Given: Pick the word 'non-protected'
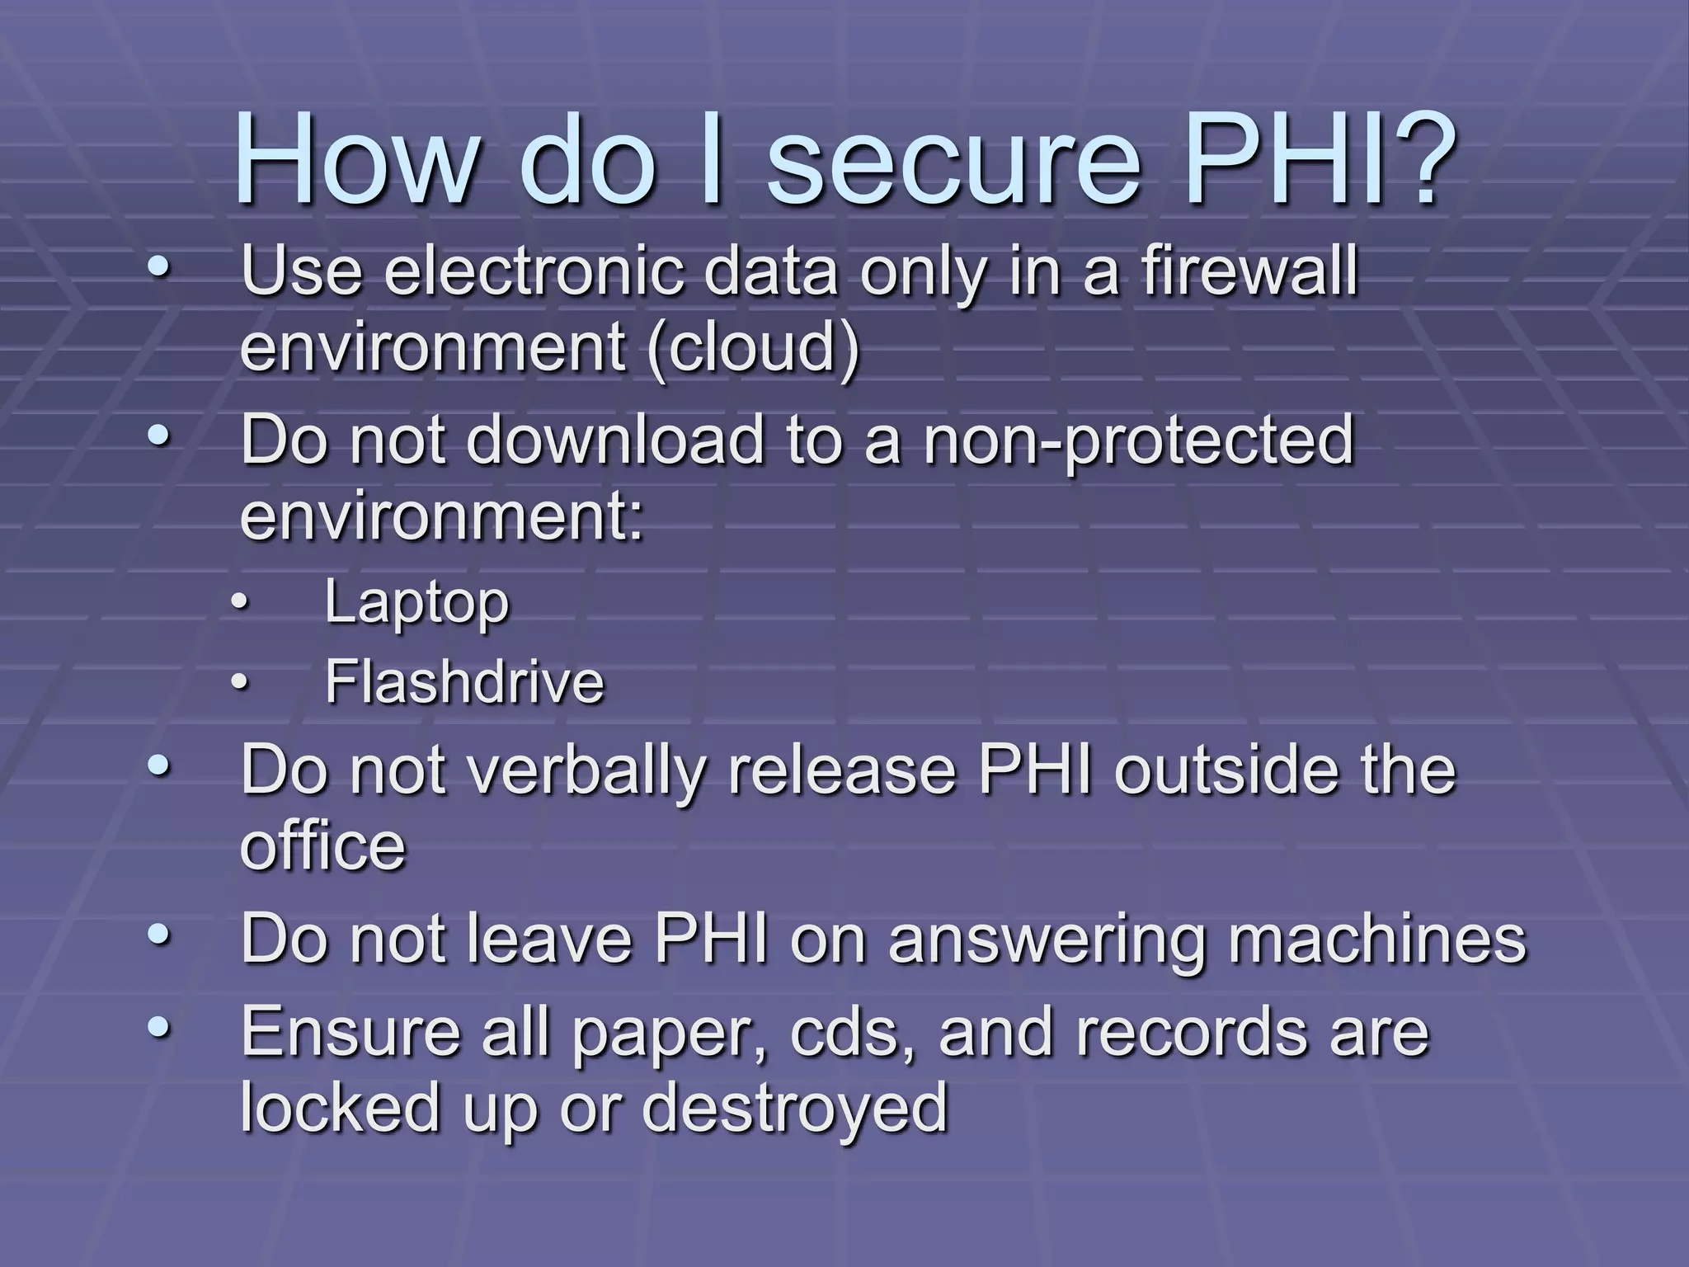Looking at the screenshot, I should [1138, 441].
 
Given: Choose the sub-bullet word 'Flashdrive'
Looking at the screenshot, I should [463, 682].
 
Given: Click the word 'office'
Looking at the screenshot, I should [322, 846].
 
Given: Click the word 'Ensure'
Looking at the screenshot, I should [350, 1032].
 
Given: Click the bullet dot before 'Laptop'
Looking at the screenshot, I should [238, 603].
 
